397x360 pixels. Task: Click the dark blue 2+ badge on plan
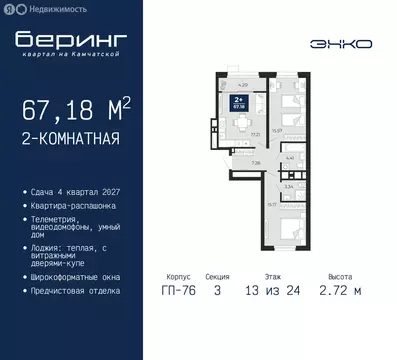tap(238, 101)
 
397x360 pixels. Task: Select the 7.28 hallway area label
tap(256, 163)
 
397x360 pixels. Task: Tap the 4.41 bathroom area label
tap(289, 157)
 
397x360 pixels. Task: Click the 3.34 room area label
tap(288, 186)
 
